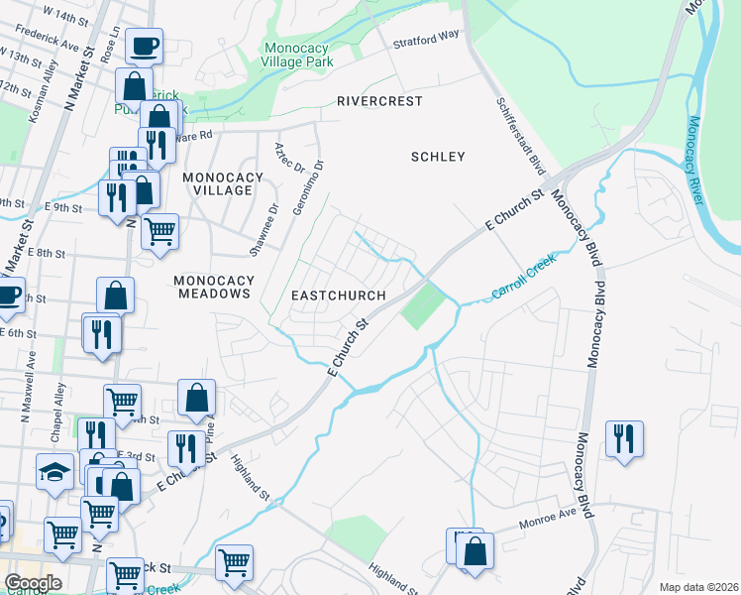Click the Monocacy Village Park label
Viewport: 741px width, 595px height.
[296, 54]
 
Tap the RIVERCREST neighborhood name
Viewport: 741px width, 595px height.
[378, 101]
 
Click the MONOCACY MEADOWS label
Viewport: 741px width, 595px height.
[212, 288]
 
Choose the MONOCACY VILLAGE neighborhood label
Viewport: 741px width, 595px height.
[223, 183]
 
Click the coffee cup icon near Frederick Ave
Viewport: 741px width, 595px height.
[144, 45]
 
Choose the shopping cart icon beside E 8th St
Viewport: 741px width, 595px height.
[159, 232]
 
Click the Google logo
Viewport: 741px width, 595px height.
[33, 582]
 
